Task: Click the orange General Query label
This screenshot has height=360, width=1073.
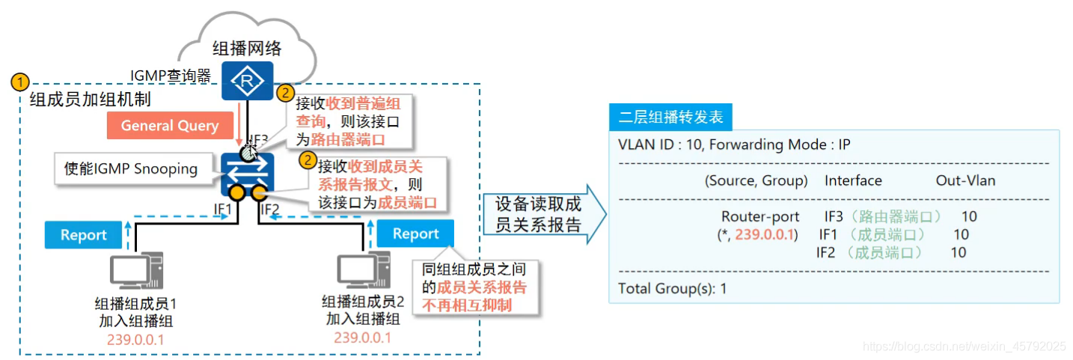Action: (170, 126)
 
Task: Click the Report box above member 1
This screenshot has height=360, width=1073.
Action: (83, 234)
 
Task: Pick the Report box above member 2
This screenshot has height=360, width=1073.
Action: (415, 234)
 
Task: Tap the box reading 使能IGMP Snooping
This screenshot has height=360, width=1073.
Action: (132, 169)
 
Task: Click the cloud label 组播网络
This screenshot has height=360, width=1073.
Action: (247, 49)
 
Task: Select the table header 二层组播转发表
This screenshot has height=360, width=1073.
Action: (670, 118)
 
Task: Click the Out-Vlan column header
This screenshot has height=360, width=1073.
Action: (965, 180)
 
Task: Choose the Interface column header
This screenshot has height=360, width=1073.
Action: (853, 180)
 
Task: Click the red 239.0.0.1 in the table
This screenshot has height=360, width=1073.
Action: (765, 235)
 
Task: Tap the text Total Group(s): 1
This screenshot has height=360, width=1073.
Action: (672, 288)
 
